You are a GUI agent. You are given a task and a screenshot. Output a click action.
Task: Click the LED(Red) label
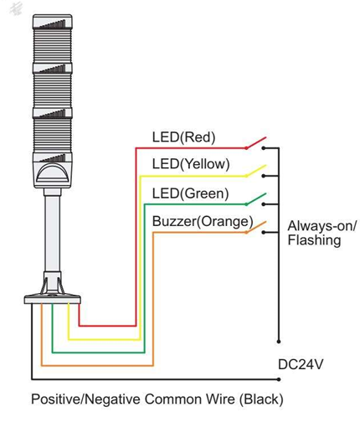point(183,137)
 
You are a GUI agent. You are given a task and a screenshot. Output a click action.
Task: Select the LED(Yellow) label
point(191,164)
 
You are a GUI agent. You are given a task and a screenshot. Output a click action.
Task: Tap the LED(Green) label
point(191,193)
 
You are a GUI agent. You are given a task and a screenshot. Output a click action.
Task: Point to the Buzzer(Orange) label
point(203,222)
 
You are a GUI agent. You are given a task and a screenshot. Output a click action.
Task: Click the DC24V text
point(301,364)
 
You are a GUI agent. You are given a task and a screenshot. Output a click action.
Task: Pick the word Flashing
point(314,240)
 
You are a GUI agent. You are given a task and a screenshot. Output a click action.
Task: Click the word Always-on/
point(322,226)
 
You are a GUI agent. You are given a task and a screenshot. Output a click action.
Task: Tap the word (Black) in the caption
point(261,399)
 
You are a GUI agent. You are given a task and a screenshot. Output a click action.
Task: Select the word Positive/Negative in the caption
point(85,399)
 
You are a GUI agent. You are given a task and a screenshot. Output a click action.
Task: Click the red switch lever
point(256,142)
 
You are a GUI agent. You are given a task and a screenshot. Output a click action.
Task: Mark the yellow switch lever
point(256,171)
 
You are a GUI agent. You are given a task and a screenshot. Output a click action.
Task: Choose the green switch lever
point(256,199)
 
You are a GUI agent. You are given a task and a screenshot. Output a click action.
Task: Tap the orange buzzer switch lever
point(256,227)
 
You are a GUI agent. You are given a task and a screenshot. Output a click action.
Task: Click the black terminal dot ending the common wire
point(279,379)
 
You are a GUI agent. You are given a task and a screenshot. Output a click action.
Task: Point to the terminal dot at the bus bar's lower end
point(278,342)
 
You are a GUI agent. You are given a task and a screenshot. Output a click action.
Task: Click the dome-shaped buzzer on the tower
point(53,174)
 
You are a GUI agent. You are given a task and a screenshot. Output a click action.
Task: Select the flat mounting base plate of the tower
point(52,300)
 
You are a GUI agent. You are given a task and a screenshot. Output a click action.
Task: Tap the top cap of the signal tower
point(53,21)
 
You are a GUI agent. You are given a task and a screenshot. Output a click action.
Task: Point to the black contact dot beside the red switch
point(263,148)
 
